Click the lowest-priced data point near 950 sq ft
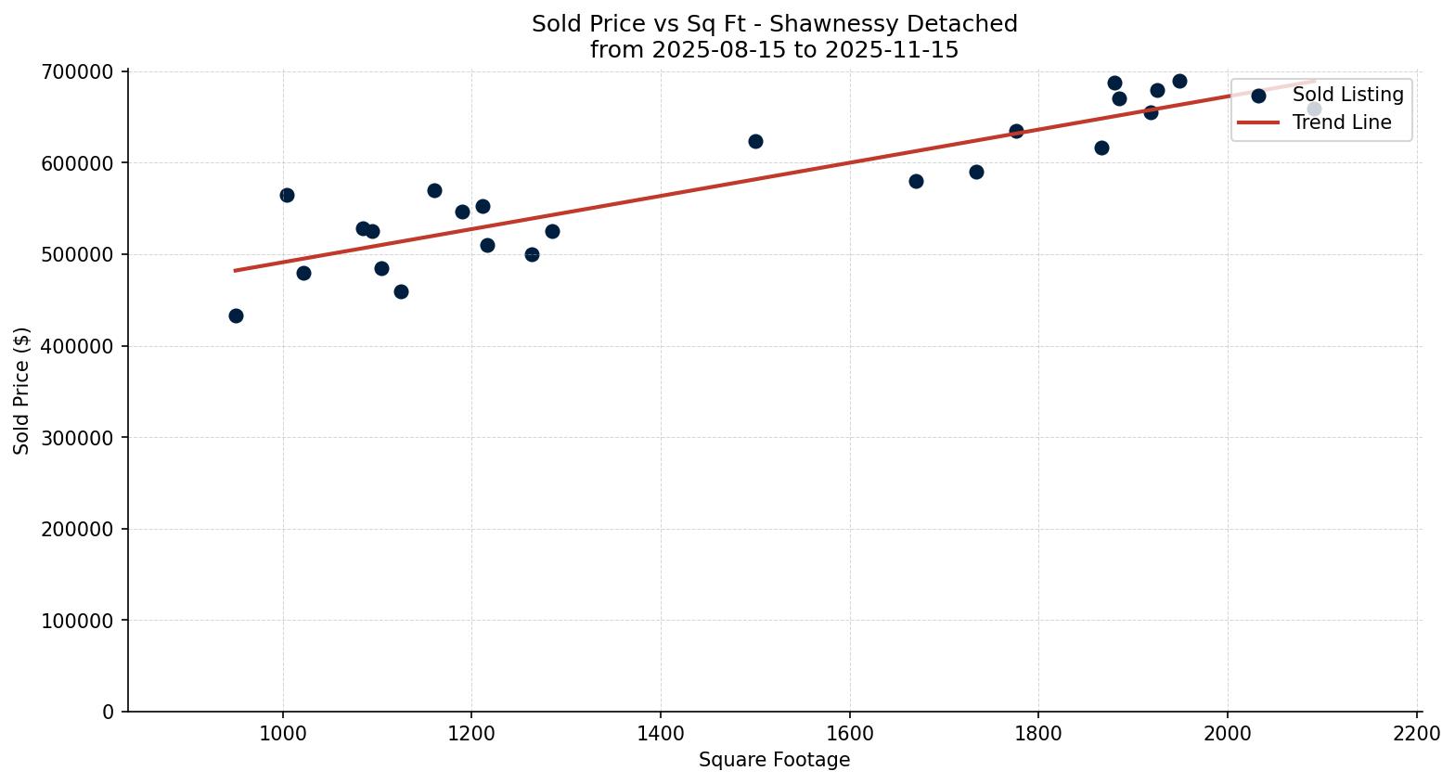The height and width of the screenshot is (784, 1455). click(236, 315)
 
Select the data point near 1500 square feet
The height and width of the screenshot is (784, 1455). click(755, 141)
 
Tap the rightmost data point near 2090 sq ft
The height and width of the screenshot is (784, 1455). click(1314, 109)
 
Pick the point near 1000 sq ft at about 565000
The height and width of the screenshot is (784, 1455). click(287, 195)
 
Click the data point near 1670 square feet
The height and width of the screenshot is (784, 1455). click(916, 181)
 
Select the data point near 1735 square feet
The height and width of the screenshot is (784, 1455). click(976, 172)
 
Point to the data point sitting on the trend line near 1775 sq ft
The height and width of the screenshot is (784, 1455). click(1016, 131)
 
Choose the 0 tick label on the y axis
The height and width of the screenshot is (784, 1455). click(109, 712)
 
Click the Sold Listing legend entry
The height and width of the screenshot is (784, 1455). click(1347, 95)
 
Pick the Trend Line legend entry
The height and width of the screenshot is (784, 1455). click(1342, 122)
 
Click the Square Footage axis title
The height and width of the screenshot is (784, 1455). click(774, 760)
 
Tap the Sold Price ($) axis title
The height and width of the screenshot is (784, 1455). click(22, 391)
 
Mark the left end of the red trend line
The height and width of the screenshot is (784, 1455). click(235, 270)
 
